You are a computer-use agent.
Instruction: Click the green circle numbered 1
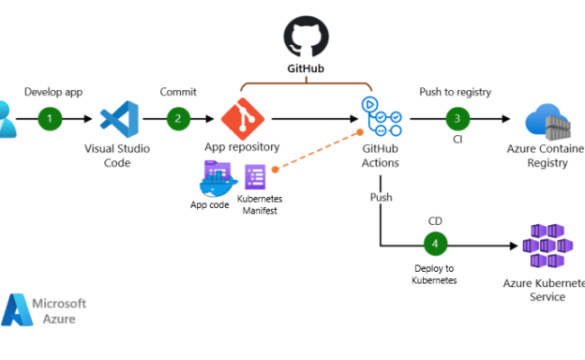(x=49, y=118)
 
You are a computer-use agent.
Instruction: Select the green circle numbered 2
(x=178, y=118)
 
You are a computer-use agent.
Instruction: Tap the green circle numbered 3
(x=457, y=118)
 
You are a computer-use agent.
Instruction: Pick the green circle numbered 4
(x=436, y=244)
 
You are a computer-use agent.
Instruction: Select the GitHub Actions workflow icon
(x=380, y=118)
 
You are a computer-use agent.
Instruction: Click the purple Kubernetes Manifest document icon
(x=256, y=175)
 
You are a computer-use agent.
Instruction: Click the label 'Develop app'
(x=54, y=92)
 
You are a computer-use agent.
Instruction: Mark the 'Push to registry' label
(x=456, y=92)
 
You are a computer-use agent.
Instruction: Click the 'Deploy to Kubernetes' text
(x=436, y=274)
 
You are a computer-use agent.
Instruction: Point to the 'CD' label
(x=436, y=219)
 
